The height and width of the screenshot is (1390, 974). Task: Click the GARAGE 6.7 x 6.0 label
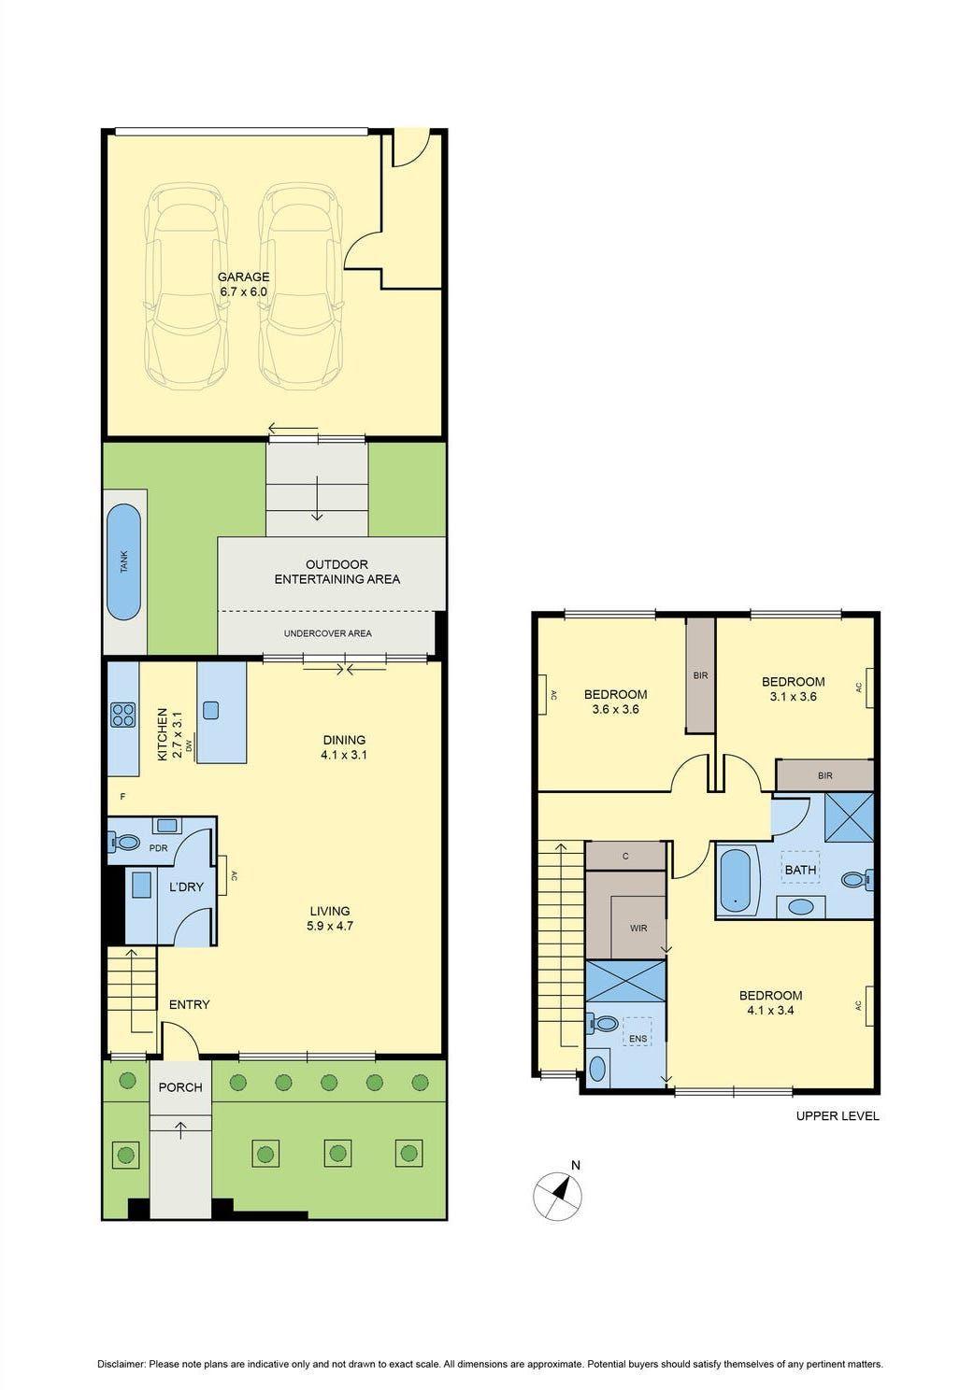click(243, 284)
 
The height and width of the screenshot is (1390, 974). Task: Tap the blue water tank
click(123, 562)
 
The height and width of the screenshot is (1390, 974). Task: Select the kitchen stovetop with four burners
click(123, 715)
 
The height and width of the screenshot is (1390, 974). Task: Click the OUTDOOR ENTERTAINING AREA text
click(337, 572)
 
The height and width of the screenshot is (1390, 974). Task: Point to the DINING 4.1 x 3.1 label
click(343, 747)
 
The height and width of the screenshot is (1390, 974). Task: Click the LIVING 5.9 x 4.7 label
click(329, 918)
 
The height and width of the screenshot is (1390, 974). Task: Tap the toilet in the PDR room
click(124, 842)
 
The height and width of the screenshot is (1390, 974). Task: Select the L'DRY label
click(186, 886)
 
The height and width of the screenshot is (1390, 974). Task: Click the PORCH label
click(180, 1087)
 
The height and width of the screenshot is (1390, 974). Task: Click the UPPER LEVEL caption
click(837, 1115)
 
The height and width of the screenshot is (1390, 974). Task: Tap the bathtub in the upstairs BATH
click(736, 880)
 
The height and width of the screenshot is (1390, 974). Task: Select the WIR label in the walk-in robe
click(638, 929)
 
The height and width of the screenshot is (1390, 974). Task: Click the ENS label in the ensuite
click(637, 1039)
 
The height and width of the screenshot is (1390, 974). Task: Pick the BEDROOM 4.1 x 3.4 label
click(770, 1002)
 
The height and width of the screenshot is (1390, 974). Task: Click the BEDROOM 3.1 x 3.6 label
click(793, 688)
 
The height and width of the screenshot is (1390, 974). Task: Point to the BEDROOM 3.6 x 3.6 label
click(615, 702)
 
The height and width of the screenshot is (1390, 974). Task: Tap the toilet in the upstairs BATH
click(854, 879)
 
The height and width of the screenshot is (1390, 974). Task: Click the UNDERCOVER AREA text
click(327, 633)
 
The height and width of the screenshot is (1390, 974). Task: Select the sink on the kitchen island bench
click(210, 710)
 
